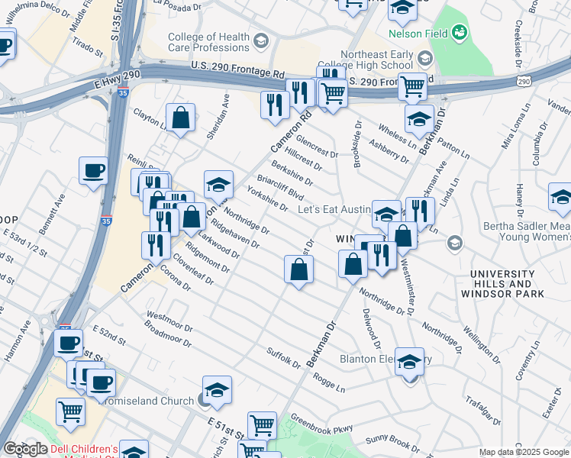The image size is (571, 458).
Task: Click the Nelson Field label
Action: [x=417, y=34]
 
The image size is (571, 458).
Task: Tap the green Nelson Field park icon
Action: [x=460, y=32]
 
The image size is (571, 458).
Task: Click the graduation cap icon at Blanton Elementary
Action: [x=410, y=361]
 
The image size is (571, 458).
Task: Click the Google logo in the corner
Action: [x=25, y=449]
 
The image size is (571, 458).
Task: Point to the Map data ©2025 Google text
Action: [x=523, y=453]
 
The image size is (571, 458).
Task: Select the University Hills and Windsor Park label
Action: [x=506, y=283]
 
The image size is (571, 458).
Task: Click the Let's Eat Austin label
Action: [x=333, y=208]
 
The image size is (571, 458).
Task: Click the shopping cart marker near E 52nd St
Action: [x=70, y=411]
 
